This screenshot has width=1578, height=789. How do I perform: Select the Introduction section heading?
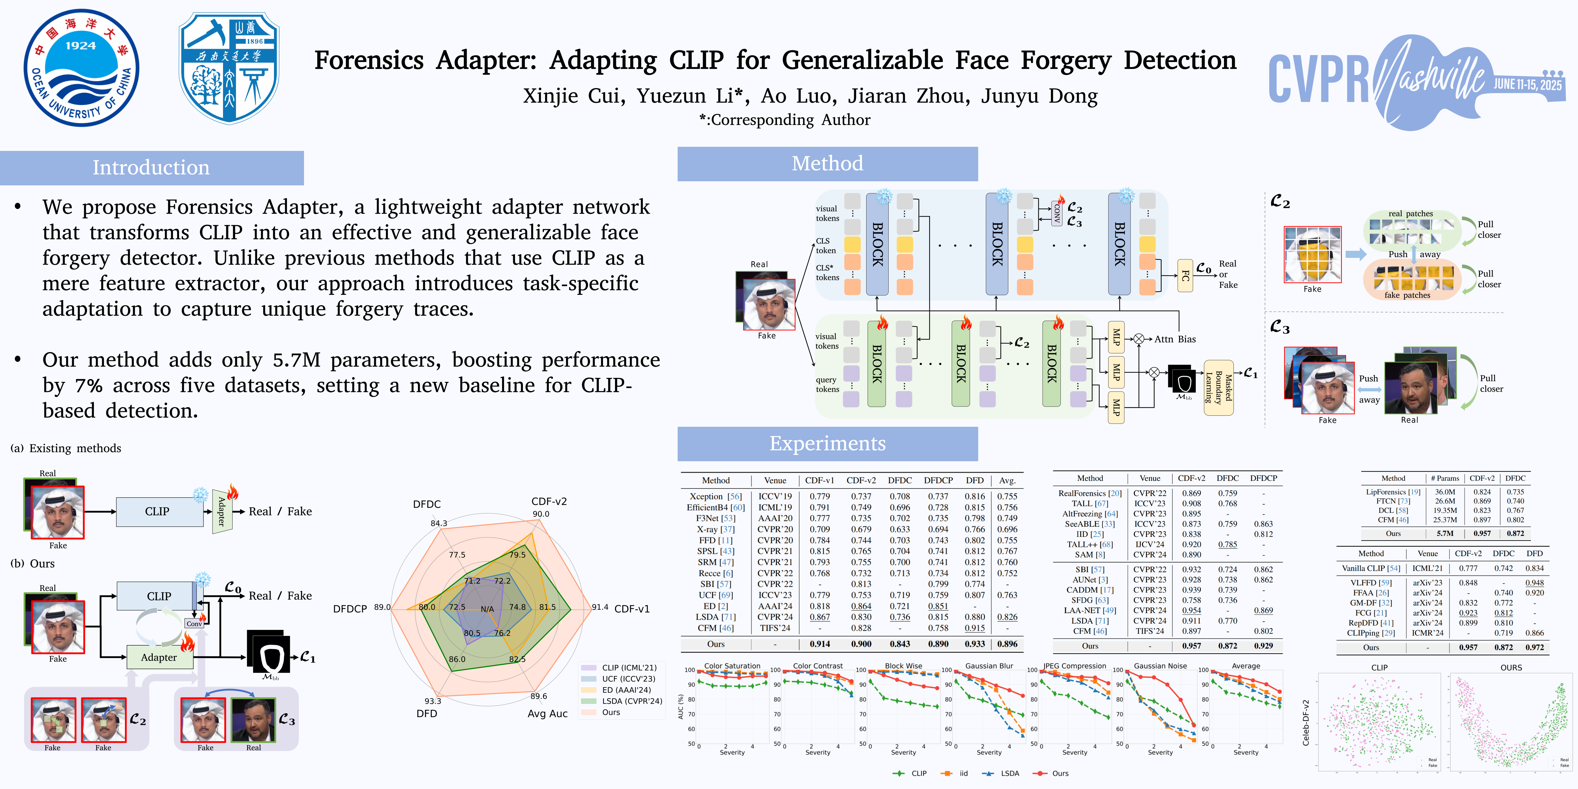(x=151, y=167)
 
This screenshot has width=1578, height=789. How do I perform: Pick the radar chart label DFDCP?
(x=350, y=609)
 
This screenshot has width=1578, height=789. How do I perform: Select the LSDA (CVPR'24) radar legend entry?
(x=631, y=701)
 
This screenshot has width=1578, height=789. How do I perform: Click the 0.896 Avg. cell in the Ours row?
(x=1007, y=644)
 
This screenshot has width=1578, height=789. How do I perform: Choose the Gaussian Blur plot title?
(x=989, y=666)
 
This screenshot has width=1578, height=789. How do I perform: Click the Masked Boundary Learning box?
(x=1218, y=388)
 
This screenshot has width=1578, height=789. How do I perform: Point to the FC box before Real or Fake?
(x=1185, y=276)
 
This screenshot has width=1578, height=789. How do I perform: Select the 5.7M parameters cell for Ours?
(x=1445, y=534)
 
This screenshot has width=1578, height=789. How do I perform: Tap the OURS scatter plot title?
(x=1511, y=668)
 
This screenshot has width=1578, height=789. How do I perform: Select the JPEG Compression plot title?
(x=1074, y=666)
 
